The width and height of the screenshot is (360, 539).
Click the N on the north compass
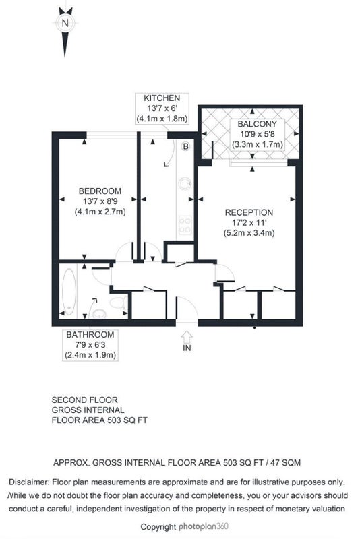pos(65,24)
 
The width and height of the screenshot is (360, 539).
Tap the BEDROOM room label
pos(100,191)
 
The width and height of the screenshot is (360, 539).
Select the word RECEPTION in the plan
pos(249,212)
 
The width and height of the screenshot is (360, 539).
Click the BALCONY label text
pos(258,124)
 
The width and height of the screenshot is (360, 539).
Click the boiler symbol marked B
pos(185,147)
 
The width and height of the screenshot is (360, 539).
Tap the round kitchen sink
pos(185,184)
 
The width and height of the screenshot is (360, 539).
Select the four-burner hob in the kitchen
pos(185,225)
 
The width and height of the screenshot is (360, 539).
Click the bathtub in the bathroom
pos(69,292)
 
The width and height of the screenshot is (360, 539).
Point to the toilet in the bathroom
pos(117,303)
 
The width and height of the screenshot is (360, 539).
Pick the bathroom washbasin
pos(100,313)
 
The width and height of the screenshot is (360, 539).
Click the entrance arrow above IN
pos(187,336)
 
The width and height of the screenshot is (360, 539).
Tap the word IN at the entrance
pos(187,348)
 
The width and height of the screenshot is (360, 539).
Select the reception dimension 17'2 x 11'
pos(249,223)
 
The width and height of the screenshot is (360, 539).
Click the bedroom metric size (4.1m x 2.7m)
pos(100,212)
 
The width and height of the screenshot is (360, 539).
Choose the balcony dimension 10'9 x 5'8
pos(258,134)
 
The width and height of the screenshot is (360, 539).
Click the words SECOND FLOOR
pos(84,400)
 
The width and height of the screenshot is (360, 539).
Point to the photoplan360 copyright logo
pos(203,526)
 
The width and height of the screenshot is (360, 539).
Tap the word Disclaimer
pos(29,482)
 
